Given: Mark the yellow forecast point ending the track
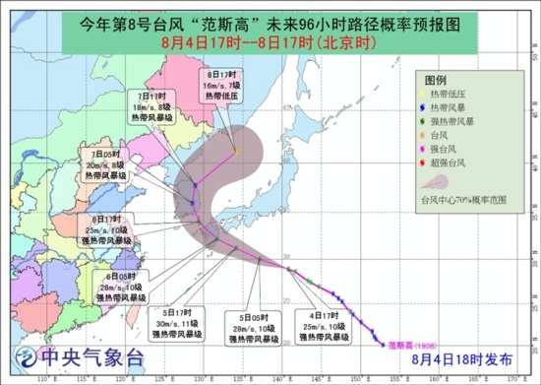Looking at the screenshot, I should pos(236,151).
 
